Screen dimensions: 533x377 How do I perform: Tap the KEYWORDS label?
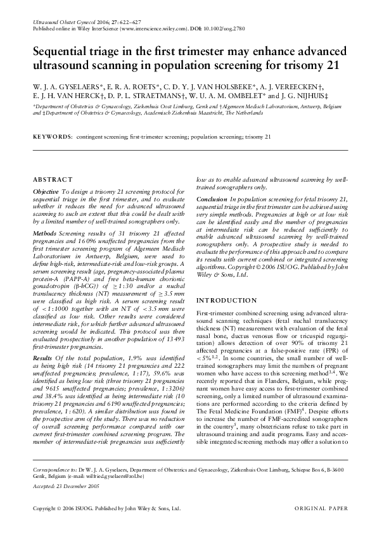[52, 137]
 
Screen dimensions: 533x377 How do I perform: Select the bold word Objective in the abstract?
[46, 192]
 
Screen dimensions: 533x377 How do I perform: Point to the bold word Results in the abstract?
[43, 358]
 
